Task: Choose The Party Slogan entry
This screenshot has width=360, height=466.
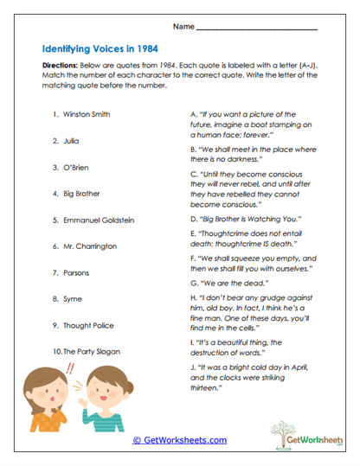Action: click(91, 352)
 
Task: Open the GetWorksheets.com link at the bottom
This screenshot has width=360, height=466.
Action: click(179, 440)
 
